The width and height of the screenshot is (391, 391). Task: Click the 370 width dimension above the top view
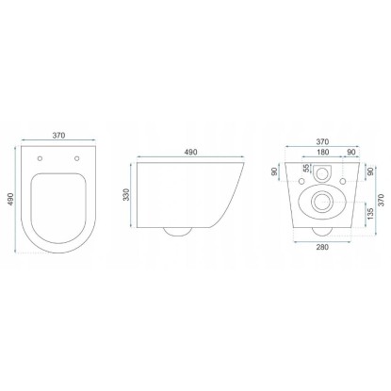pos(58,136)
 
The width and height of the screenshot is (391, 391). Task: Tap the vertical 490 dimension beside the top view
pos(10,199)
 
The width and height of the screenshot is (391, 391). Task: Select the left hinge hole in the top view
pos(40,158)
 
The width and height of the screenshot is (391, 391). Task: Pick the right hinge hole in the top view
pos(77,158)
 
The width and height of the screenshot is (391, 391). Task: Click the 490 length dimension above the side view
pos(190,152)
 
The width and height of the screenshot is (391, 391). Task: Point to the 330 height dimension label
pos(126,195)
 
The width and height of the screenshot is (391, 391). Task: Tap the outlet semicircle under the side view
pos(177,232)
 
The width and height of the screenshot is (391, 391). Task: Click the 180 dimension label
pos(322,152)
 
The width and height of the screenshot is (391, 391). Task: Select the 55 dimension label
pos(306,169)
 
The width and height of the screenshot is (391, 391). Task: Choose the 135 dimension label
pos(370,214)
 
